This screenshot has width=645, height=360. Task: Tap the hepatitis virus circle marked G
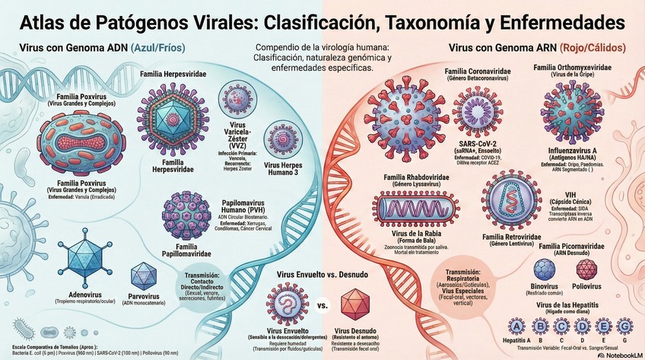(x=624, y=327)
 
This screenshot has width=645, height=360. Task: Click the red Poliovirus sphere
(x=586, y=270)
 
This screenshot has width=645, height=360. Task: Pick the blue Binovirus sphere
(x=545, y=270)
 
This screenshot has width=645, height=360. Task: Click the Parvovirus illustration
(x=144, y=276)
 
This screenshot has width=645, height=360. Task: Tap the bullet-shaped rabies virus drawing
(x=416, y=209)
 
